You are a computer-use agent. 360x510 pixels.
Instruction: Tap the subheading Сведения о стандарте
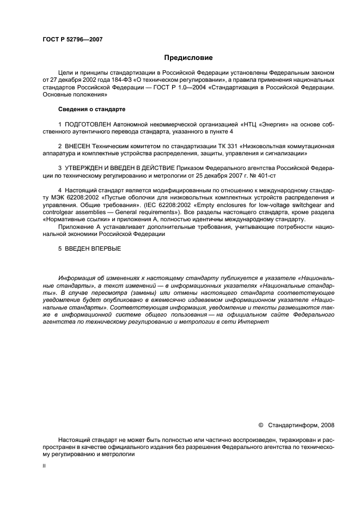pos(84,109)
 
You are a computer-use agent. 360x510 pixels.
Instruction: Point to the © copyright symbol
pos(260,424)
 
